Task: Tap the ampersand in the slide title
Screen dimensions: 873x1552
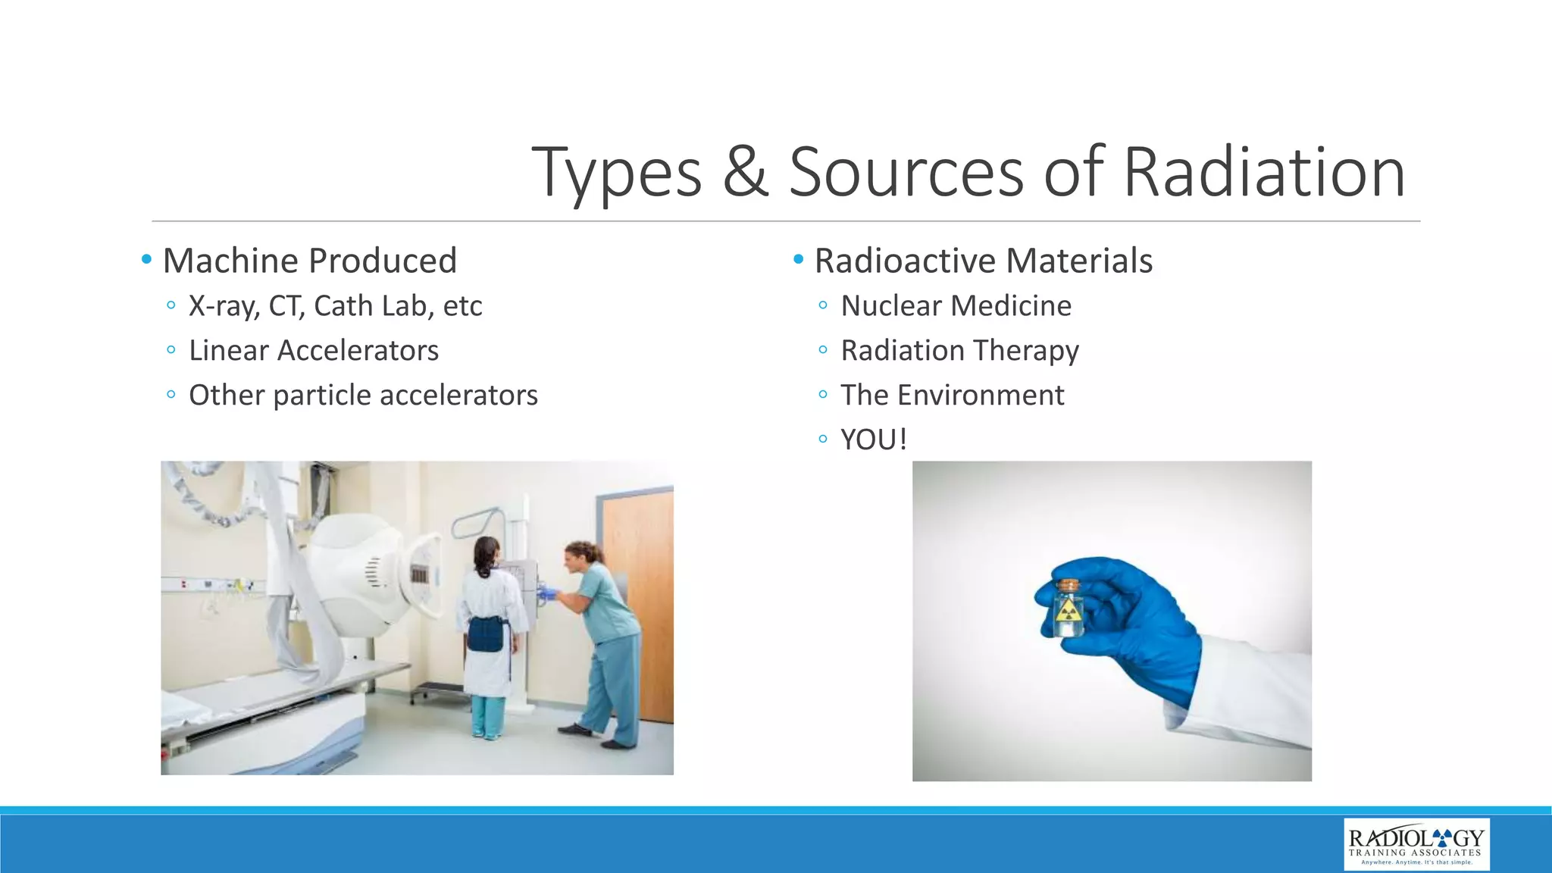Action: pos(746,173)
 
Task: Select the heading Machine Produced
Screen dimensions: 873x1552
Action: pos(310,261)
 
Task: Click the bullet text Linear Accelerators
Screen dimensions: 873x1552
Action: pos(314,351)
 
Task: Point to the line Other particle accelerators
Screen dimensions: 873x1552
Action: pos(363,396)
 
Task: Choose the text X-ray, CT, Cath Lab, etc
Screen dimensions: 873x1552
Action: pos(335,306)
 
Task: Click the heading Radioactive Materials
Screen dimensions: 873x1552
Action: pos(983,261)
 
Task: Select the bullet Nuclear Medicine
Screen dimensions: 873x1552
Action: pos(956,306)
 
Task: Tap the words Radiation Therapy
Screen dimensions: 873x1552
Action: pos(959,351)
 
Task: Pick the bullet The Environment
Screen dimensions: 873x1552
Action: pos(952,396)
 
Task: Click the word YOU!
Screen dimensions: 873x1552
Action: pos(873,440)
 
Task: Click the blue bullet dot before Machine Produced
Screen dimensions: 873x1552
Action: pos(146,260)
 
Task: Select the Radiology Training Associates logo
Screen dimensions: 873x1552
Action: pos(1416,843)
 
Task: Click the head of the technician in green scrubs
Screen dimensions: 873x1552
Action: pos(579,557)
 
